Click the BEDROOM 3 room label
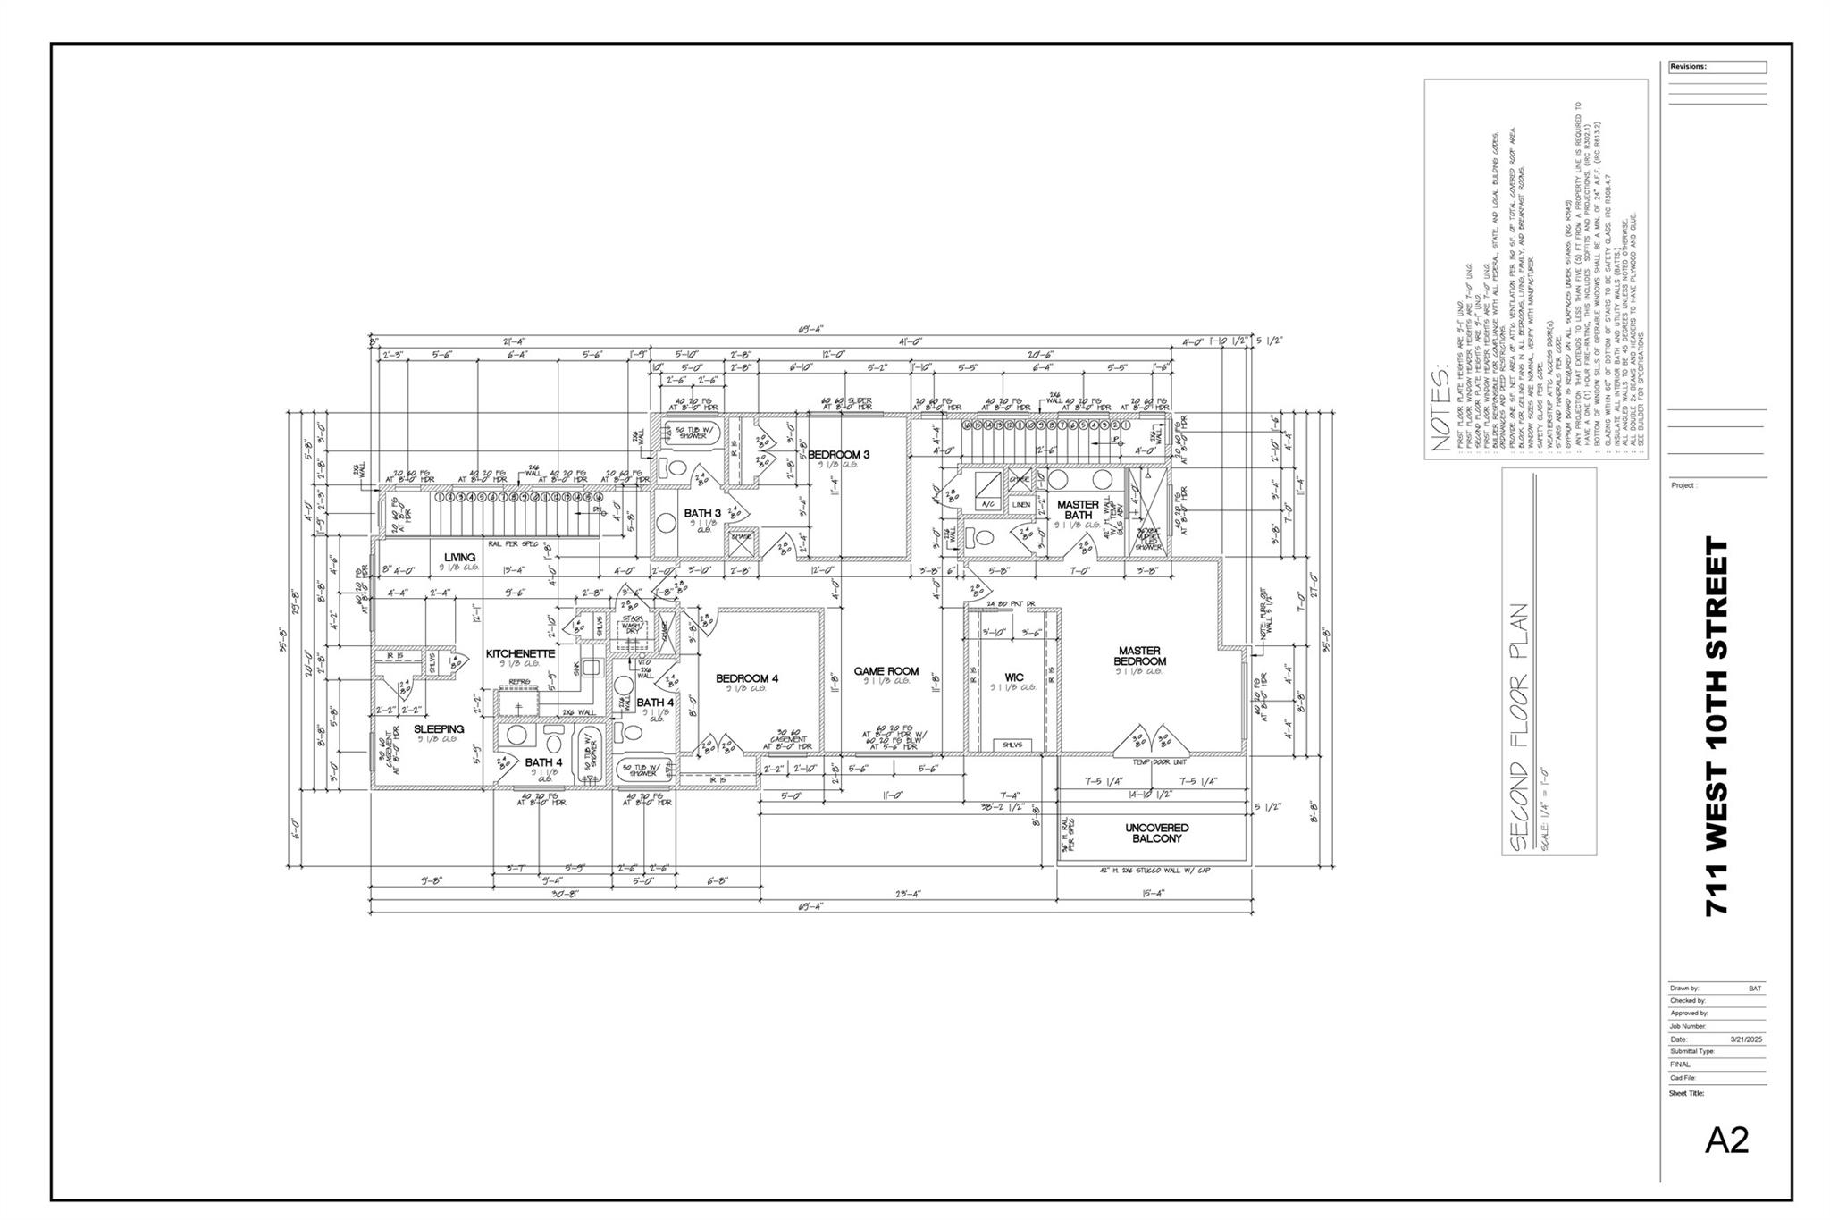click(x=838, y=455)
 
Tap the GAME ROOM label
click(x=886, y=671)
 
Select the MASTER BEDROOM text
click(x=1139, y=656)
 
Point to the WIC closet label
click(x=1013, y=677)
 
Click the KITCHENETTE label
click(x=520, y=654)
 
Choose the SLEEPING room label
click(x=439, y=729)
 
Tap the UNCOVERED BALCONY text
click(x=1156, y=833)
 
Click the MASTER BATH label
click(x=1078, y=510)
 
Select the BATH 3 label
click(x=702, y=513)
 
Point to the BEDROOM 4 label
click(x=747, y=679)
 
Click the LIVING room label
click(x=459, y=558)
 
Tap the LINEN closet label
click(x=1020, y=505)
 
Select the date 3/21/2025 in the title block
click(x=1746, y=1039)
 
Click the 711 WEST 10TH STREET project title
click(x=1717, y=725)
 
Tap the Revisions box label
click(x=1688, y=67)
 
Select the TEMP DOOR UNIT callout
click(x=1159, y=762)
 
